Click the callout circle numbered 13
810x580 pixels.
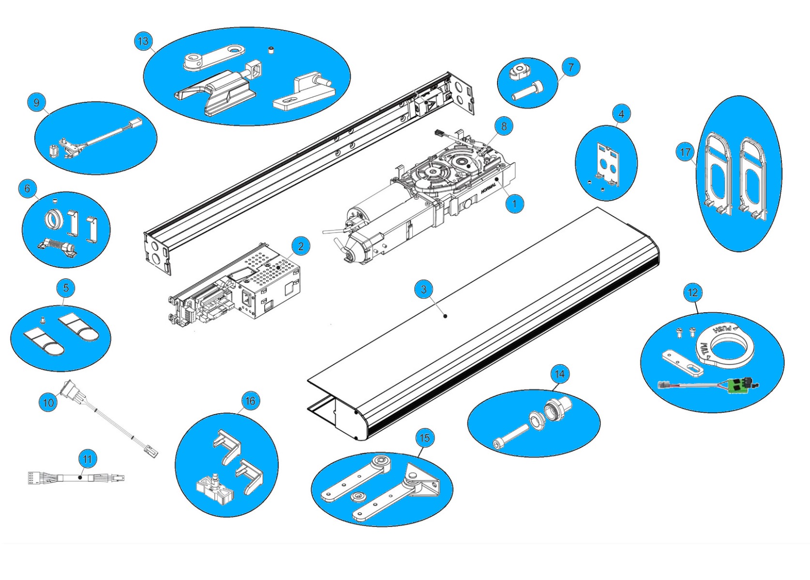coord(144,41)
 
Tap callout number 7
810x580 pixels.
coord(570,68)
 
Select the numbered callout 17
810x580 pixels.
coord(685,152)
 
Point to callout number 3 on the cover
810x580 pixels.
coord(424,290)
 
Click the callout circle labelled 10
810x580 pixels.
coord(48,403)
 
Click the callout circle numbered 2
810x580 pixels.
coord(301,246)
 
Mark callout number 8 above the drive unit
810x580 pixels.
coord(503,126)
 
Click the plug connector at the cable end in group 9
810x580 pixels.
coord(135,123)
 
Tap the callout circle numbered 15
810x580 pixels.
coord(424,438)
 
